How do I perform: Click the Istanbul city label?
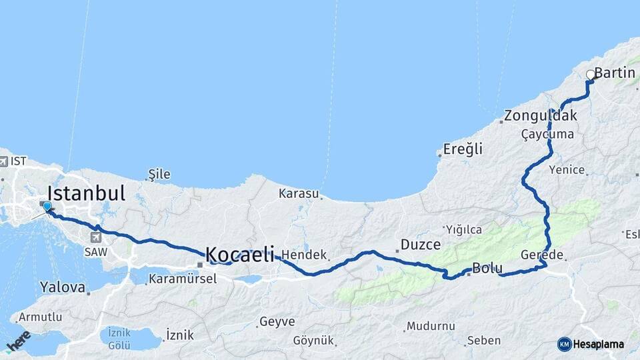point(87,194)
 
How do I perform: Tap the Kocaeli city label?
point(240,254)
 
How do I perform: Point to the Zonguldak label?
point(541,116)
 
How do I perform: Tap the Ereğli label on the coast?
point(464,149)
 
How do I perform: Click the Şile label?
point(159,175)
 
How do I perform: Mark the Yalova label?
point(63,288)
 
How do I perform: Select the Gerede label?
point(542,255)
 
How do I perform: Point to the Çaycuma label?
point(547,134)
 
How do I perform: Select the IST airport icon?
point(4,161)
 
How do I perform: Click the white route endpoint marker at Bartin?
point(590,75)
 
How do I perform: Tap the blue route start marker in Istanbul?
point(47,207)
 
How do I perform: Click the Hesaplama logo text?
point(597,344)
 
